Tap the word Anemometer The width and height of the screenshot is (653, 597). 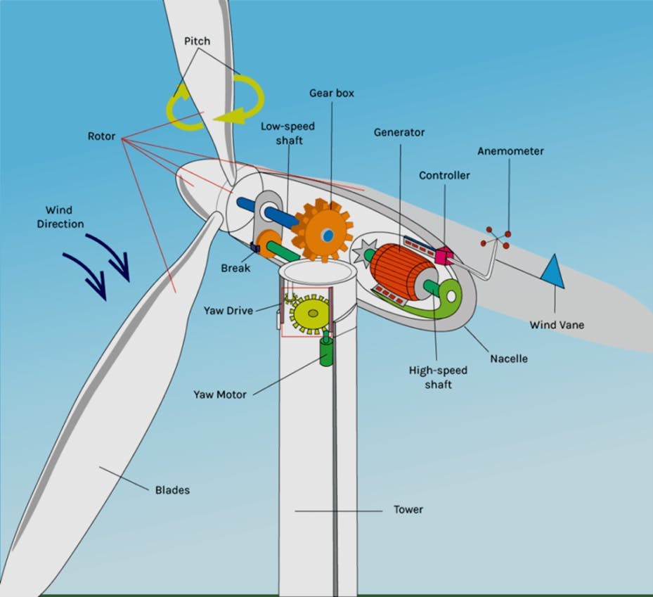point(510,151)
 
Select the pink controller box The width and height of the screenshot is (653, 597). point(444,257)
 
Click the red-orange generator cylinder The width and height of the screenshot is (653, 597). point(396,271)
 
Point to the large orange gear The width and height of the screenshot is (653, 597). point(323,231)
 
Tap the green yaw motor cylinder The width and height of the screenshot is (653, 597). point(327,351)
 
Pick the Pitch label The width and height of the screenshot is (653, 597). point(197,41)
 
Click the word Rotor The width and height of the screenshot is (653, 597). point(101,136)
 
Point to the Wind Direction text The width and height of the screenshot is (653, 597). point(65,217)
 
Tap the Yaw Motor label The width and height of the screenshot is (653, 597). point(220,394)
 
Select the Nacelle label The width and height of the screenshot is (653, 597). point(509,359)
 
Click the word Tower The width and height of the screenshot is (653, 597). point(408,509)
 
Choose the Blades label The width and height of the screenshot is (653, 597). point(172,489)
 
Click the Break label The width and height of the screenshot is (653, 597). point(235,268)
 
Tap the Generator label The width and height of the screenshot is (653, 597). point(399,132)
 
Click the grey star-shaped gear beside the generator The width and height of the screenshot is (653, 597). point(366,252)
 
